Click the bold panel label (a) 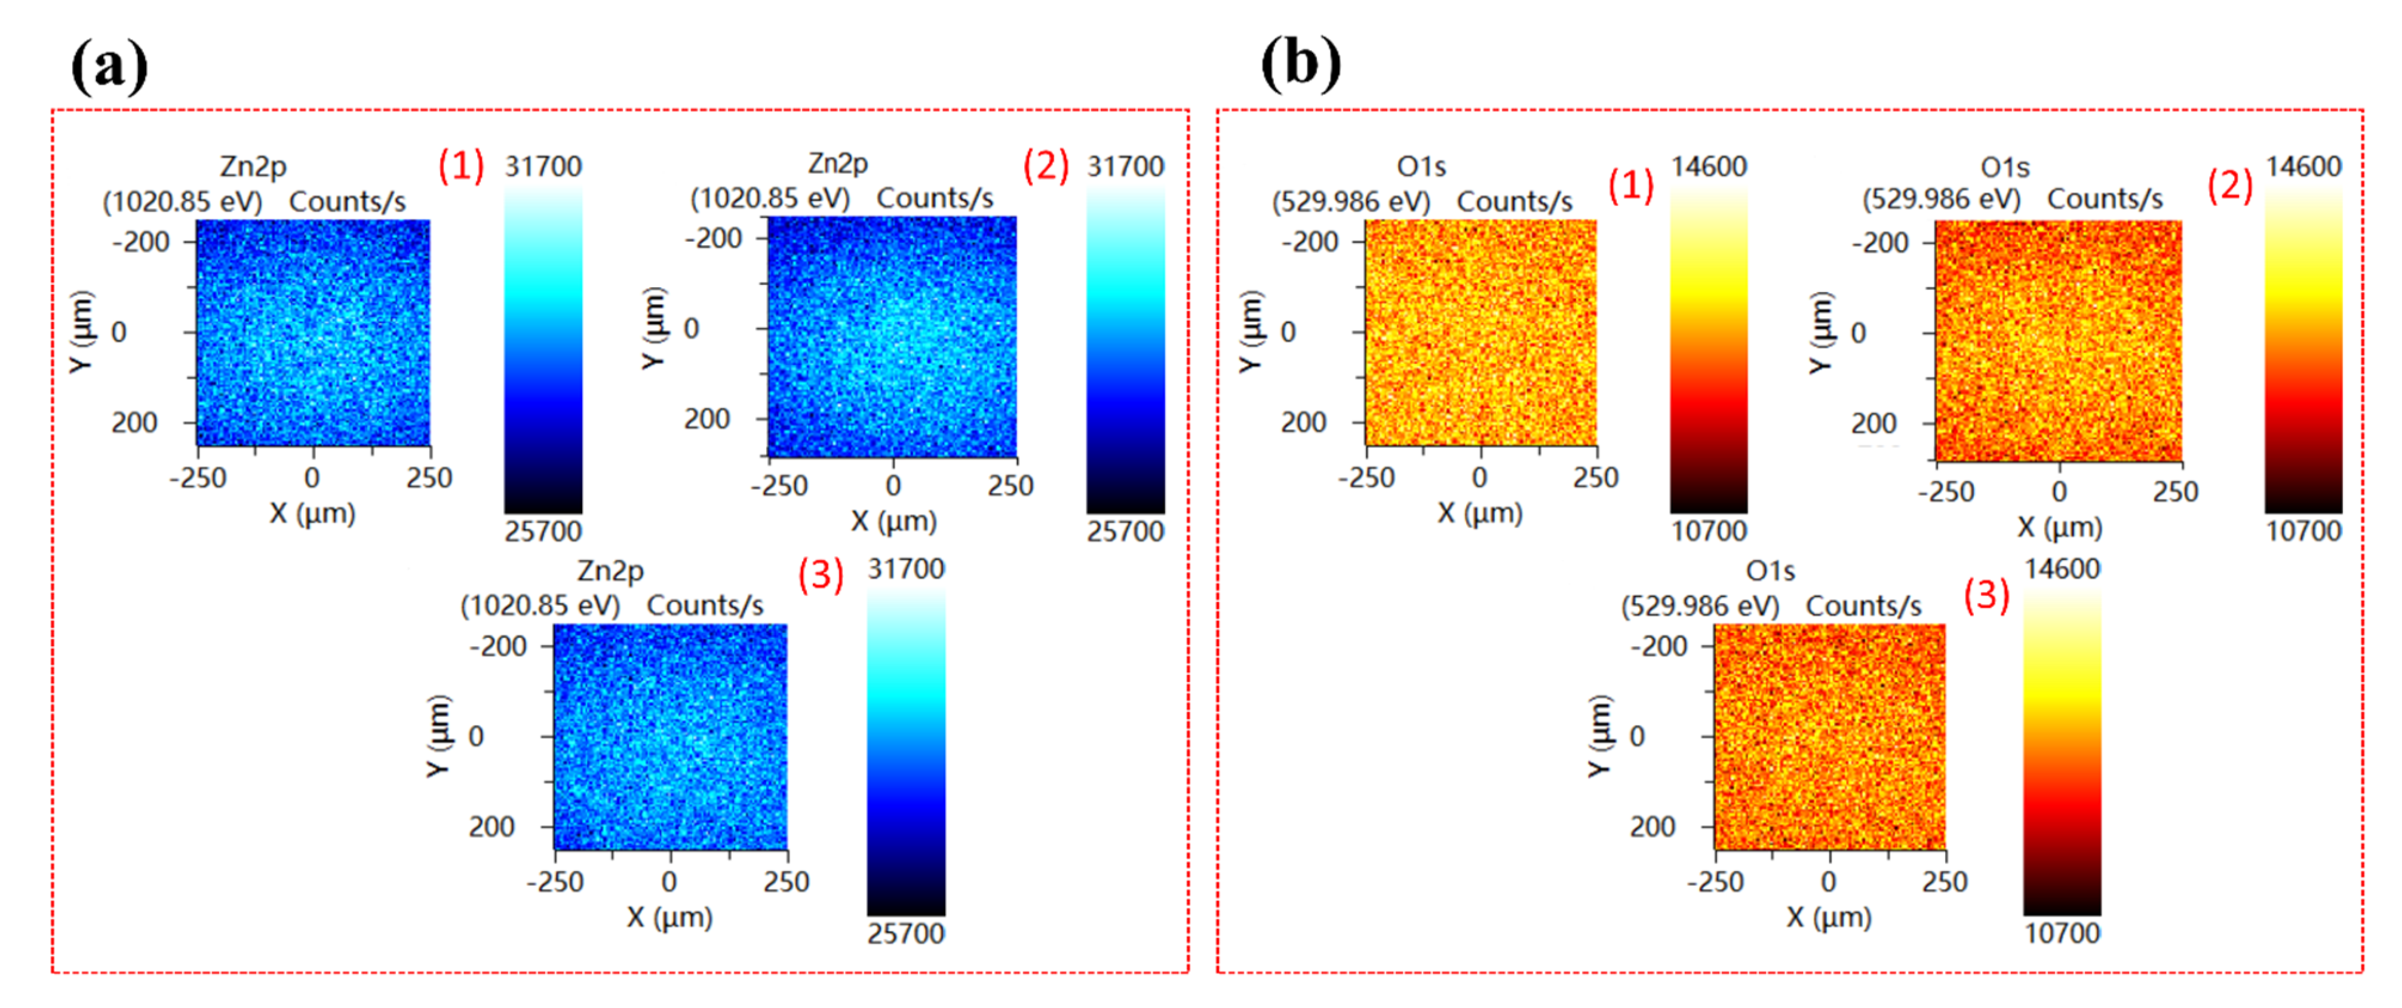tap(109, 65)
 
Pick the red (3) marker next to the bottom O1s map tap(1986, 594)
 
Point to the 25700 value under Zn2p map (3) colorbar tap(905, 933)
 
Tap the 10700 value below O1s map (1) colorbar tap(1708, 531)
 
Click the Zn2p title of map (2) tap(837, 163)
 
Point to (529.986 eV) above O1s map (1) tap(1351, 201)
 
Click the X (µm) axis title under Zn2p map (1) tap(312, 514)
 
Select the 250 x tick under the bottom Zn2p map tap(786, 882)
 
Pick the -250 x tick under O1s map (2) tap(1946, 492)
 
